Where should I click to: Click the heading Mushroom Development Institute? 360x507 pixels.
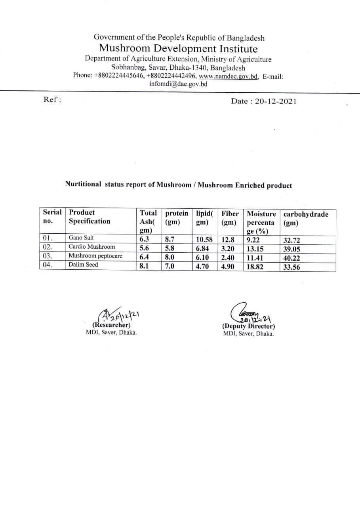coord(178,49)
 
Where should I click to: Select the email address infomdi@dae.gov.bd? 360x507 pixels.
coord(178,84)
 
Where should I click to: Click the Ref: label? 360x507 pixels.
coord(52,100)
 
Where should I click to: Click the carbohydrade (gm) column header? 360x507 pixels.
coord(306,218)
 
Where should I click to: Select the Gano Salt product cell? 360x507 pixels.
coord(81,238)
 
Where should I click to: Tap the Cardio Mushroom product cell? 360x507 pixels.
coord(91,247)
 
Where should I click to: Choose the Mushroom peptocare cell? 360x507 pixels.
coord(95,256)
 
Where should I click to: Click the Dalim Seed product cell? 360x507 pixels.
coord(83,265)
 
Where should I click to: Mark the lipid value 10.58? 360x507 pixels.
coord(204,239)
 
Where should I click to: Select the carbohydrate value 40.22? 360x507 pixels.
coord(291,258)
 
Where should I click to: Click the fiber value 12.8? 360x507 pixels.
coord(228,239)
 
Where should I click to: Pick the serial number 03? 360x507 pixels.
coord(48,256)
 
